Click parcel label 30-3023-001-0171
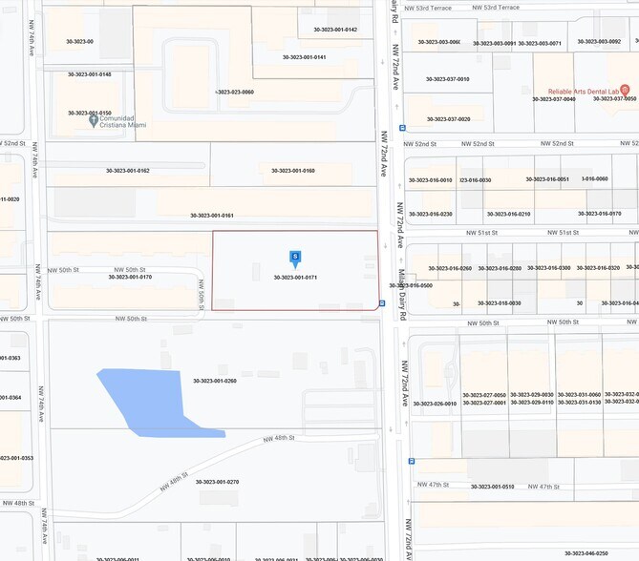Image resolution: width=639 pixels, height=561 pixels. (x=294, y=278)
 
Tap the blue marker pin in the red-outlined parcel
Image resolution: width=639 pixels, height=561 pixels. (x=295, y=258)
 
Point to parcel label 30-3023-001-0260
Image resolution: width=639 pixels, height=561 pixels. (x=214, y=381)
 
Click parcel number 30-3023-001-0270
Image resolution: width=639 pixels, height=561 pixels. (x=214, y=482)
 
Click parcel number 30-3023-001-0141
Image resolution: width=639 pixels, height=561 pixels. (x=304, y=57)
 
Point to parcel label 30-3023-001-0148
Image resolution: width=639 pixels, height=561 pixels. (x=89, y=74)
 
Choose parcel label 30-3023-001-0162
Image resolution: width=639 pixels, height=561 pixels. (x=128, y=171)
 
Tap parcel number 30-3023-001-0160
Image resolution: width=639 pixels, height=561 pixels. (x=293, y=171)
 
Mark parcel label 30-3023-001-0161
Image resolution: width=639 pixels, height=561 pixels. (x=212, y=216)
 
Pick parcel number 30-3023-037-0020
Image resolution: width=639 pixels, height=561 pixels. (x=448, y=119)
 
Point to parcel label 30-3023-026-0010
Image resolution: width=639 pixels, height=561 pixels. (x=434, y=404)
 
